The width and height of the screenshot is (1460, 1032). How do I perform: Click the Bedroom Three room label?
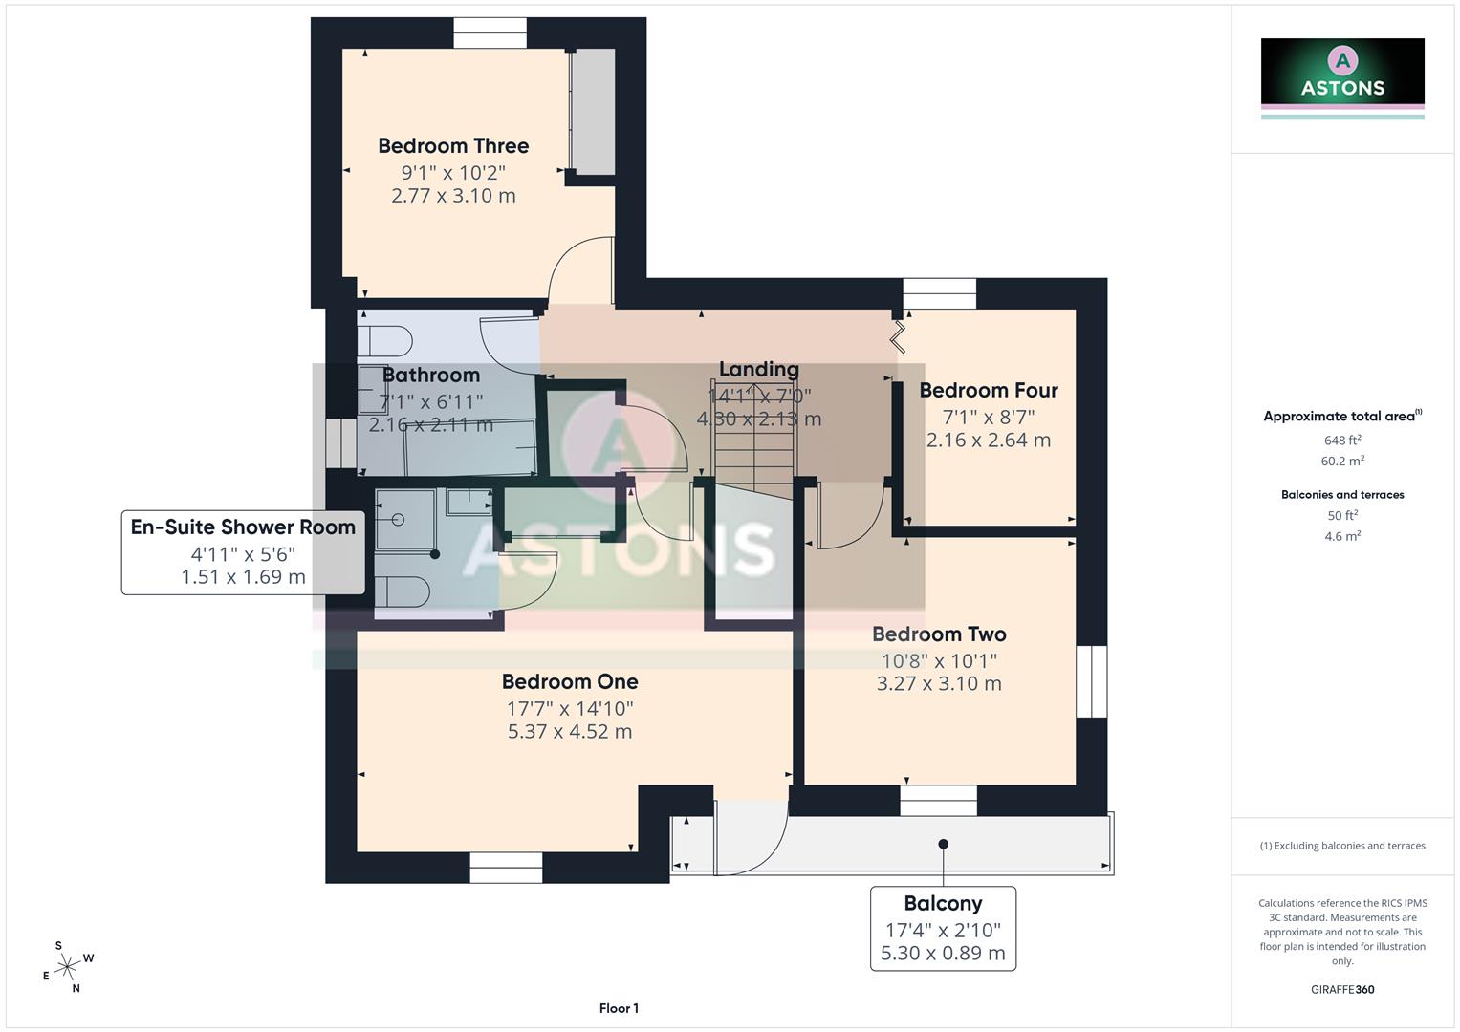pos(453,146)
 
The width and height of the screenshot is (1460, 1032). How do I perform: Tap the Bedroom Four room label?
pos(989,391)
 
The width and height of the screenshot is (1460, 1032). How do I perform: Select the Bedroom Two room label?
pos(939,634)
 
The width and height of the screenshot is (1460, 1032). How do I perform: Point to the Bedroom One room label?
pos(570,682)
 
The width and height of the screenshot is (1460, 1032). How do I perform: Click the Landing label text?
pos(758,370)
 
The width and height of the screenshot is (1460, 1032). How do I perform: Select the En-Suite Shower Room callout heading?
pos(243,527)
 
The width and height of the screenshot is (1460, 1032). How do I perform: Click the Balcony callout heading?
pos(943,904)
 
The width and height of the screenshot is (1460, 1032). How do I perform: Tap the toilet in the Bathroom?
pos(385,341)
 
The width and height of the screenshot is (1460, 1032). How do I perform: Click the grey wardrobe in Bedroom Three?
pos(594,111)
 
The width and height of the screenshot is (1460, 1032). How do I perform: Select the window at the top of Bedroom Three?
pos(490,33)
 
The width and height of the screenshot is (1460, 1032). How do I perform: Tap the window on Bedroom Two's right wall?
pos(1091,681)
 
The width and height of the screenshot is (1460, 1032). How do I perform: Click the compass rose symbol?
pos(67,968)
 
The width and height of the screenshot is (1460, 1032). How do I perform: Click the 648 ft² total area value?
pos(1342,441)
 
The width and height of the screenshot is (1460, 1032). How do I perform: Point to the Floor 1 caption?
pos(619,1008)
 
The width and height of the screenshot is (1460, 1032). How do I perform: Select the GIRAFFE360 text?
pos(1342,990)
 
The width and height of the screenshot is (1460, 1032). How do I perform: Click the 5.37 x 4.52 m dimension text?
pos(570,732)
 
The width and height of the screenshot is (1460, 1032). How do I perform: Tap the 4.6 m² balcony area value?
pos(1342,537)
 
